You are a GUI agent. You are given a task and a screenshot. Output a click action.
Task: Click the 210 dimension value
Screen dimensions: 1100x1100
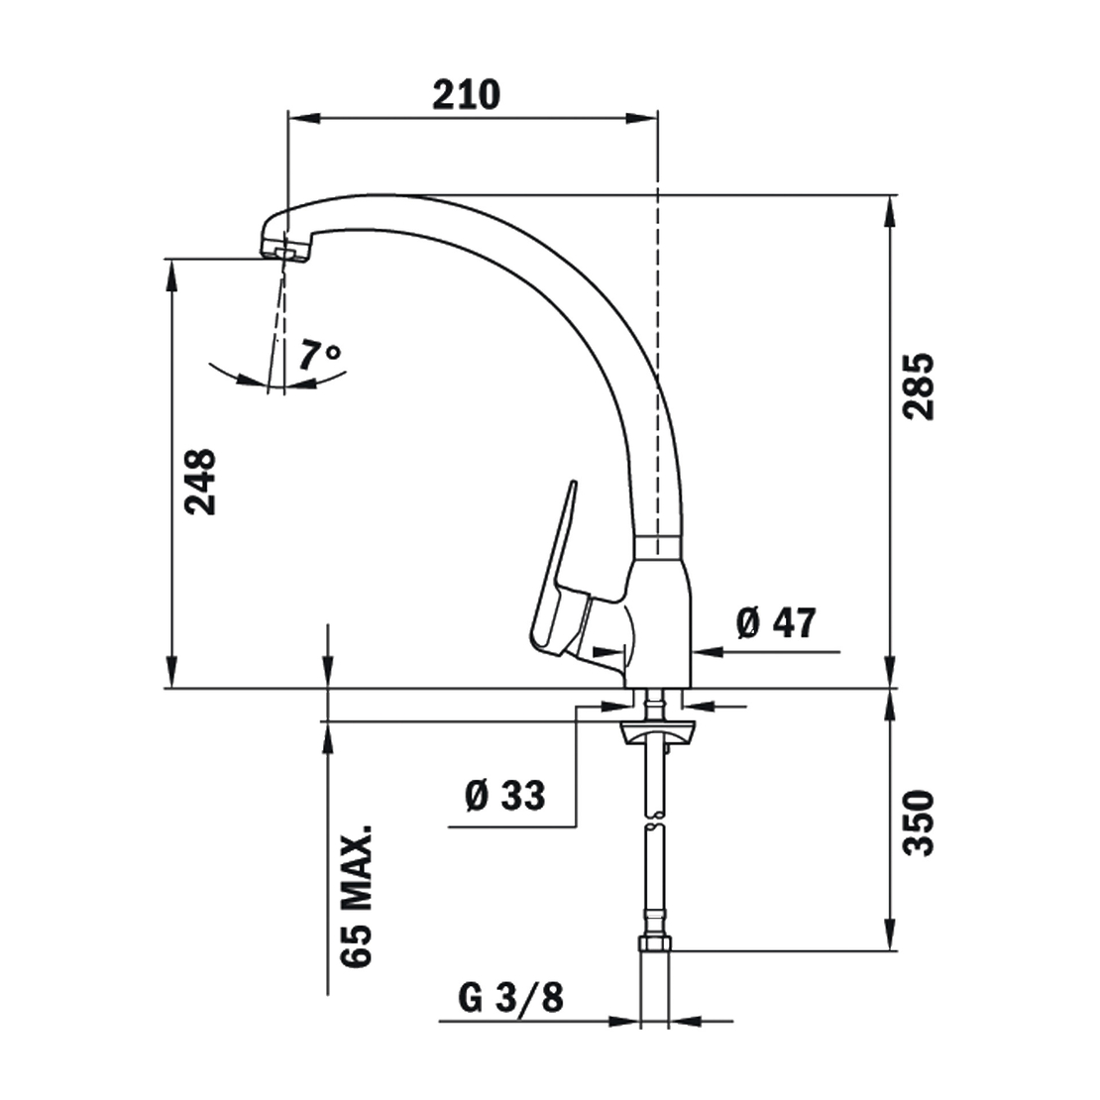point(466,95)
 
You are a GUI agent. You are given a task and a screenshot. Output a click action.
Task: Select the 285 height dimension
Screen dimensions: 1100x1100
point(919,386)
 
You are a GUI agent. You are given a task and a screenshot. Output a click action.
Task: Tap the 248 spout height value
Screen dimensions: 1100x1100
point(200,482)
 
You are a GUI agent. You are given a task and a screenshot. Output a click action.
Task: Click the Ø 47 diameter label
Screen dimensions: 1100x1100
point(777,622)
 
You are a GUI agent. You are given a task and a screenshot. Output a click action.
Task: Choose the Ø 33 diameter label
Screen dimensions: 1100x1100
point(505,796)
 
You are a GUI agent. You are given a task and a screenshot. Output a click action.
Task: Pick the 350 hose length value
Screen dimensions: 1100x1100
point(919,823)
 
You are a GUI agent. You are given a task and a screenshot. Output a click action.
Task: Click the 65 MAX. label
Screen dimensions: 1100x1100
point(357,897)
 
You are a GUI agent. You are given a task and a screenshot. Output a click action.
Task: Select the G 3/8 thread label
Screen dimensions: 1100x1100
point(510,998)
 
